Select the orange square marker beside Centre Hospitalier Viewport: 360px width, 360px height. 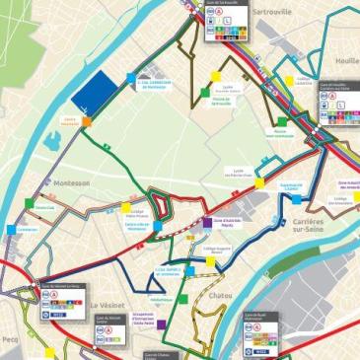[87, 122]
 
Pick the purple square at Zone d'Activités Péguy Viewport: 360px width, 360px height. [206, 222]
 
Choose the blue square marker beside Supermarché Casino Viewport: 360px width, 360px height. [297, 199]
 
